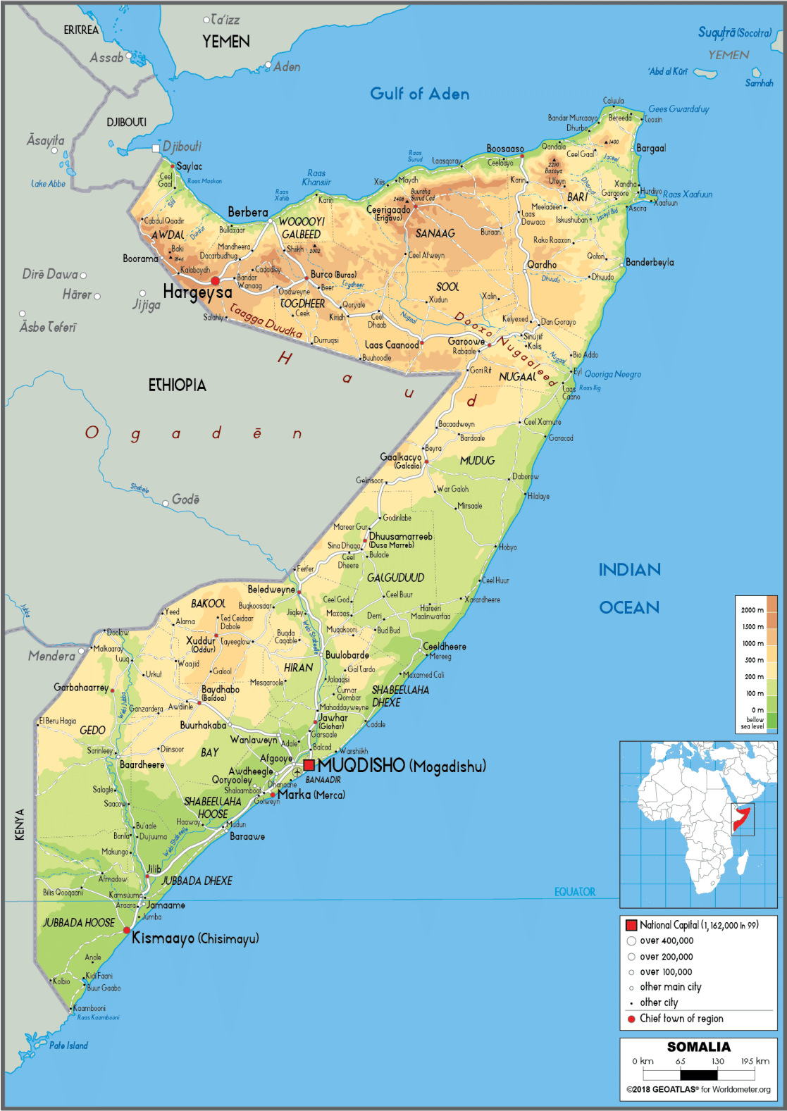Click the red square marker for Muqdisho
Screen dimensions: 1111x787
click(x=309, y=765)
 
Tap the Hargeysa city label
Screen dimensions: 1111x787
click(x=197, y=292)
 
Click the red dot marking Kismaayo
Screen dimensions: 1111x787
click(x=127, y=931)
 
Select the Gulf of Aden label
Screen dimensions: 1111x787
click(x=419, y=94)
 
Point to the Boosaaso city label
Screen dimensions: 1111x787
click(x=505, y=149)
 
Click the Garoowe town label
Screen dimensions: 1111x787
click(x=466, y=341)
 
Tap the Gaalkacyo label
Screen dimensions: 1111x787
click(x=401, y=457)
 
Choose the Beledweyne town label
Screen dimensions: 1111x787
click(x=271, y=589)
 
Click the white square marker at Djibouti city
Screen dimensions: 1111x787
click(x=156, y=148)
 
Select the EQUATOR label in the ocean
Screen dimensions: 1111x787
click(x=574, y=892)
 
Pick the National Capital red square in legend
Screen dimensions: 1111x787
click(x=631, y=925)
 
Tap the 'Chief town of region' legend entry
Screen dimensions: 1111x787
click(x=681, y=1019)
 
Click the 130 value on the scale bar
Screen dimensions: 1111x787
click(x=717, y=1061)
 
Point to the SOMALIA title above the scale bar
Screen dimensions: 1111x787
click(x=698, y=1047)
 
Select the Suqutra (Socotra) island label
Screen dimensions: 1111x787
click(x=734, y=32)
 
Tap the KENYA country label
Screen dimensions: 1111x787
click(x=20, y=824)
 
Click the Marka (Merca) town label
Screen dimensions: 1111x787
click(x=311, y=795)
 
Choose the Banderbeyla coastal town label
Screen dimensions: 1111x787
click(x=650, y=262)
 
